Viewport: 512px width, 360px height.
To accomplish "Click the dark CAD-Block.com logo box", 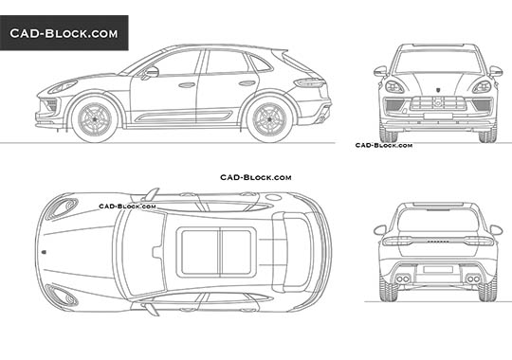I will [64, 33].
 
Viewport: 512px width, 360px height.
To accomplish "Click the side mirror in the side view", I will [151, 72].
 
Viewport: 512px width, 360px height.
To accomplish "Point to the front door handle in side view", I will [187, 84].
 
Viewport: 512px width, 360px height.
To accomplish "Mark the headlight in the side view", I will [63, 87].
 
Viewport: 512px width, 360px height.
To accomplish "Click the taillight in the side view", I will [311, 82].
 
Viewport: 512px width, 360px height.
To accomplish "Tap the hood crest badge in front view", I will [437, 84].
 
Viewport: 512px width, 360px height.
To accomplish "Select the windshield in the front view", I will [437, 62].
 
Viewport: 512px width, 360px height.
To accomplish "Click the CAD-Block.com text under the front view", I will [383, 145].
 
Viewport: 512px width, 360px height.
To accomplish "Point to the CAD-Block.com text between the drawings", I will [255, 177].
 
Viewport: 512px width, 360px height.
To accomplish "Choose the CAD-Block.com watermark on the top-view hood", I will [119, 206].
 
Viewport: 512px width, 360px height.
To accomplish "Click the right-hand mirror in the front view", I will [494, 71].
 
